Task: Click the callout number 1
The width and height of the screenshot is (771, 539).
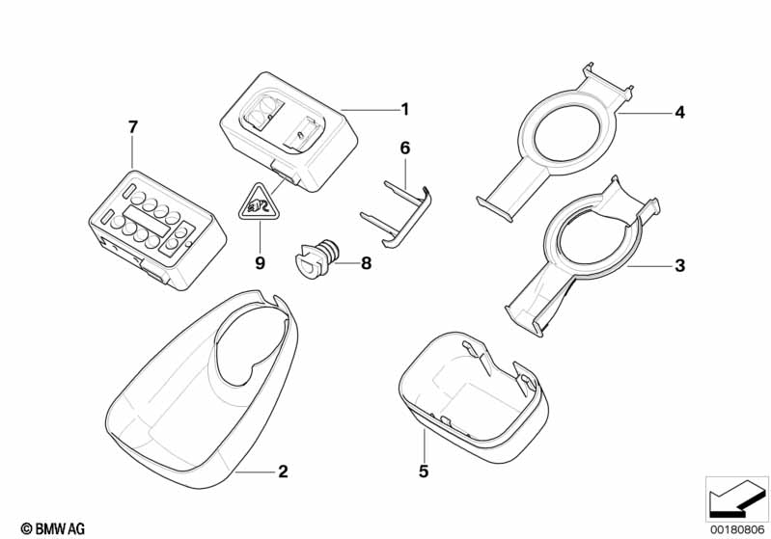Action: point(404,109)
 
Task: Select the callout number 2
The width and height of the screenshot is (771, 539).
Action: point(283,472)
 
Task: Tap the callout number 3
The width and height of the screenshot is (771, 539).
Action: point(679,266)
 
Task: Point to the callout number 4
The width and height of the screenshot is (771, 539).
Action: point(679,113)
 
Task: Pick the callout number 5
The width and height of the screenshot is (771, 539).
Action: point(424,472)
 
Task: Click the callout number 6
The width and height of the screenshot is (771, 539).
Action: point(404,148)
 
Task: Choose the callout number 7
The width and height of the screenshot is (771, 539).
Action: point(133,127)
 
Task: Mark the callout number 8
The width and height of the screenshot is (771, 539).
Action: point(367,263)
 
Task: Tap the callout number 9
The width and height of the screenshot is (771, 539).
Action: point(261,263)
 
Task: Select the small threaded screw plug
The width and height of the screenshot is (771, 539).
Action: point(317,258)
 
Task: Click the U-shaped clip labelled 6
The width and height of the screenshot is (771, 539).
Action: point(397,213)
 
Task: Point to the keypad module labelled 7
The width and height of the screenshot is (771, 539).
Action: point(157,229)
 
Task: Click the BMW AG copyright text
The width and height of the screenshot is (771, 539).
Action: point(53,528)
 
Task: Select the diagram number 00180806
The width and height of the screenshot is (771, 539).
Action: point(737,529)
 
